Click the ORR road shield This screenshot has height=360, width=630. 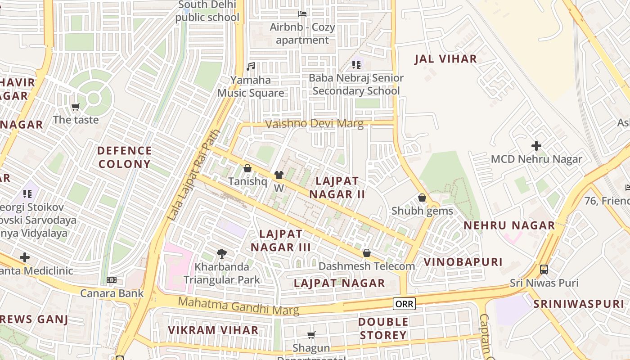click(404, 304)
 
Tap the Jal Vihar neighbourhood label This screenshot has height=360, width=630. click(445, 58)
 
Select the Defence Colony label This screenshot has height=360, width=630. click(124, 157)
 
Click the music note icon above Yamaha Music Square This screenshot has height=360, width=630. click(251, 67)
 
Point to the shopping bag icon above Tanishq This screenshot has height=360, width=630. click(247, 169)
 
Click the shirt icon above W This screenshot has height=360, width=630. click(279, 175)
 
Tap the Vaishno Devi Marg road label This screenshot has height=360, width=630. click(314, 124)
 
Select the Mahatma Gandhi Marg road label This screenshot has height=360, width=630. click(238, 306)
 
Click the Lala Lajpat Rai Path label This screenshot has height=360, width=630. click(193, 175)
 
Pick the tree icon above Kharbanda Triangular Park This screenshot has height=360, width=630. click(221, 254)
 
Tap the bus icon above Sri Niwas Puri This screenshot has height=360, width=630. click(544, 270)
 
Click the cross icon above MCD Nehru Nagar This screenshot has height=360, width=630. click(536, 146)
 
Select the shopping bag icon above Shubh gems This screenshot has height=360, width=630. click(422, 198)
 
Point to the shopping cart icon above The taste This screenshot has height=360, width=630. click(75, 107)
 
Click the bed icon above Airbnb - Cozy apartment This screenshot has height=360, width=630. click(302, 14)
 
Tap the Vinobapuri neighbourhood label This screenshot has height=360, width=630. click(463, 262)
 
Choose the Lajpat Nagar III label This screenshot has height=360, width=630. click(281, 240)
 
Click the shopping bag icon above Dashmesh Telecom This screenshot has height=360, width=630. click(366, 253)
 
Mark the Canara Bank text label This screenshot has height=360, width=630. click(112, 293)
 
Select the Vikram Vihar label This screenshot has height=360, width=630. click(213, 330)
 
